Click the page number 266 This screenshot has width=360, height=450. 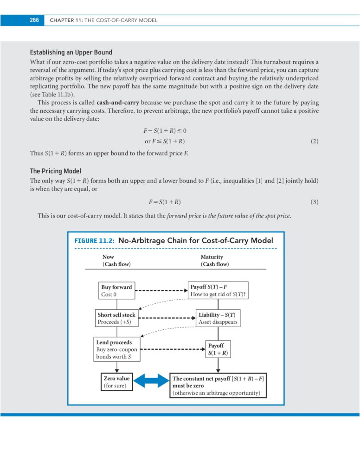[x=34, y=20]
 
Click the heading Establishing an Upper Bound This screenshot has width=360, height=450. [x=71, y=52]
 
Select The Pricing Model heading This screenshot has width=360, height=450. [x=55, y=171]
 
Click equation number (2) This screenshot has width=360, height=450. [x=315, y=141]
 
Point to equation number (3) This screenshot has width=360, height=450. [x=315, y=202]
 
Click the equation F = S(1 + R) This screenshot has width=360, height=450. [x=165, y=202]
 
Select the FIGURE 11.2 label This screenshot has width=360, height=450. [x=95, y=241]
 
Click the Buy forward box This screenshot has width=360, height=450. [x=116, y=291]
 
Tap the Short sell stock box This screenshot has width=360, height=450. [x=116, y=318]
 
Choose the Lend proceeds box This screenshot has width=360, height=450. [x=116, y=350]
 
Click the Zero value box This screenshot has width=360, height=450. [x=116, y=382]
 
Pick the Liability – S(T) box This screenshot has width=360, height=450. [x=218, y=318]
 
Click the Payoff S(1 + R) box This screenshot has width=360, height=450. [x=218, y=349]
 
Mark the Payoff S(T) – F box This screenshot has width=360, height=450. [x=218, y=290]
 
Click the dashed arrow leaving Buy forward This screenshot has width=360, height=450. [x=161, y=291]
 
